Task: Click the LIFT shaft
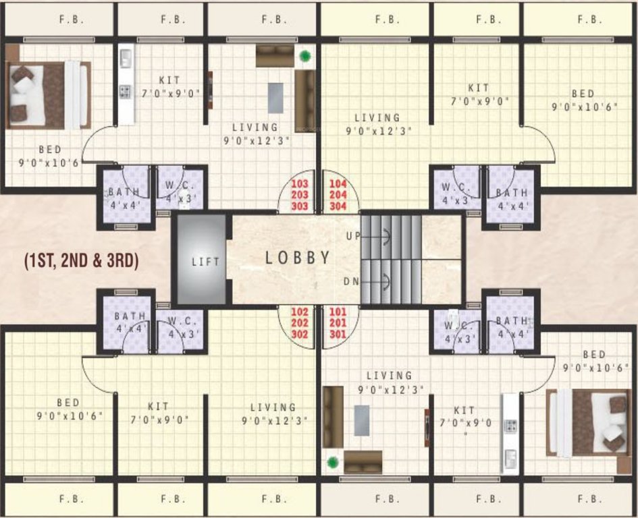200,260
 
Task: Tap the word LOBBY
297,257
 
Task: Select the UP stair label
352,236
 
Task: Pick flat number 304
337,206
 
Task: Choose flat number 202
300,323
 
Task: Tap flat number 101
337,312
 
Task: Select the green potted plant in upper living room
306,57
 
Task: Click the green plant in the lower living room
332,463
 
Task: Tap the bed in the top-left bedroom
49,95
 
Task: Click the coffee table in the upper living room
275,97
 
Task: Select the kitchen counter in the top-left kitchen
126,84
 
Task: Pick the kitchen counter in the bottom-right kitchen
510,434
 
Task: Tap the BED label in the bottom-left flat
69,403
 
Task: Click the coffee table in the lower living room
362,422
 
